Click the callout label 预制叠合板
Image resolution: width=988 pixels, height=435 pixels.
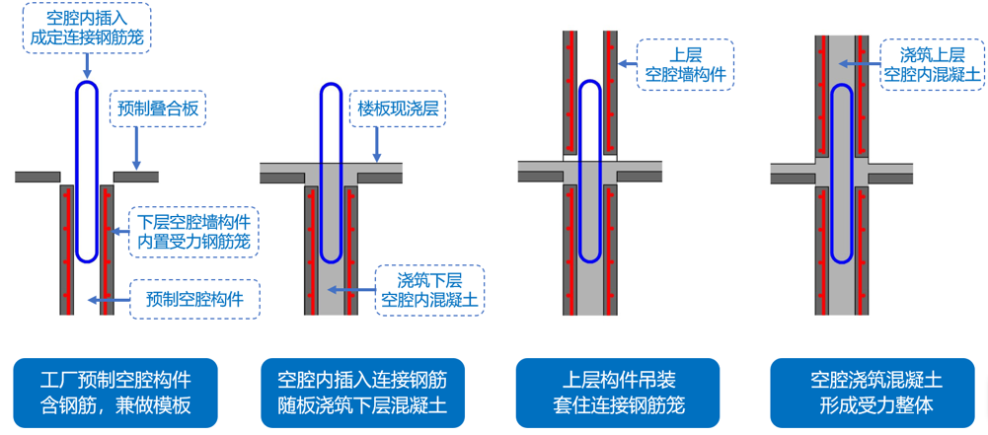pyautogui.click(x=158, y=109)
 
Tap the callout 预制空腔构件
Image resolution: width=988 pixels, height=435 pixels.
pyautogui.click(x=194, y=298)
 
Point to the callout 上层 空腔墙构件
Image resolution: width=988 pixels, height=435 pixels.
pyautogui.click(x=685, y=63)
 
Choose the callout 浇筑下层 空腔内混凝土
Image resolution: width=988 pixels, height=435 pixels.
pyautogui.click(x=429, y=289)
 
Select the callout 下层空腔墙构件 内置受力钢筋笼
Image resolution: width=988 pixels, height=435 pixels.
pyautogui.click(x=193, y=231)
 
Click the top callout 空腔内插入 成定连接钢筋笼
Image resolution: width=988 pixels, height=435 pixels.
pyautogui.click(x=87, y=28)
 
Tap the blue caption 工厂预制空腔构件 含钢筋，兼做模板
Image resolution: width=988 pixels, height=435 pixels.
pyautogui.click(x=115, y=392)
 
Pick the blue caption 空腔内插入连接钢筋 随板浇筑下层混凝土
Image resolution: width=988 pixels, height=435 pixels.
pyautogui.click(x=362, y=392)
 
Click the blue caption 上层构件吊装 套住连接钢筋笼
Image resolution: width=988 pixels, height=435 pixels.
pyautogui.click(x=619, y=392)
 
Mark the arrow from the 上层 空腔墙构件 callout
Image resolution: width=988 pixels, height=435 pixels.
pyautogui.click(x=628, y=63)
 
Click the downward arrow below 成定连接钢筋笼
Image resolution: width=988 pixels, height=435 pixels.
pyautogui.click(x=87, y=65)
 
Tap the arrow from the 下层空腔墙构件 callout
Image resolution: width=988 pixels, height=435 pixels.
pyautogui.click(x=119, y=231)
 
